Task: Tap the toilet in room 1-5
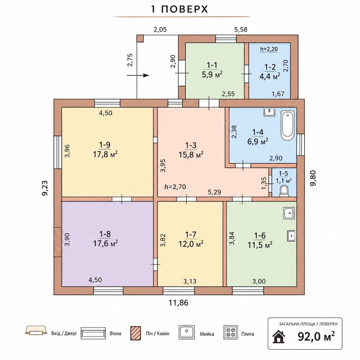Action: coord(284,191)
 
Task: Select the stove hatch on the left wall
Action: coord(58,242)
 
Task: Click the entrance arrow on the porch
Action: coord(138,75)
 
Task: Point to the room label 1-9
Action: coord(105,145)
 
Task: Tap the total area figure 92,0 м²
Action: coord(316,337)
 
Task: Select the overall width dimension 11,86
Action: coord(179,303)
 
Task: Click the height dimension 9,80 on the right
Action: coord(313,178)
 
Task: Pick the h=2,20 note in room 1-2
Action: coord(269,49)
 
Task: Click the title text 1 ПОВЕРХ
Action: coord(180,9)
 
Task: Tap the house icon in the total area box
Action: coord(279,337)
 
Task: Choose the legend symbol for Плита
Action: coord(230,332)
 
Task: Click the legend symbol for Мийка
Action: coord(186,332)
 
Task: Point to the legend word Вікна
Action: coord(115,333)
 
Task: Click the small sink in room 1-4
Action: coord(269,112)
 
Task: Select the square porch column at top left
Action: coord(140,39)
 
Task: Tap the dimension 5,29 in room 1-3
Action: coord(215,192)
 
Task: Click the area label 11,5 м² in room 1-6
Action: coord(260,245)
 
